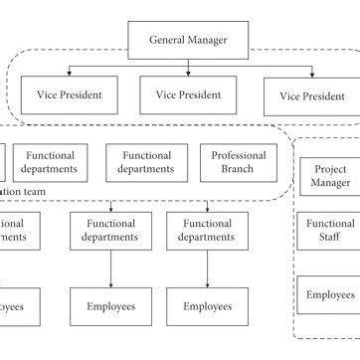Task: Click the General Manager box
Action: pos(188,41)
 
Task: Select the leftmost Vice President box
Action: pos(69,95)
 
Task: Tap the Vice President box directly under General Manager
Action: pos(187,95)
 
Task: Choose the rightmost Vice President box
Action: pos(311,96)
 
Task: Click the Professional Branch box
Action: pos(239,163)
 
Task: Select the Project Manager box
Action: pos(329,177)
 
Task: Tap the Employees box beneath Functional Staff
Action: pos(329,295)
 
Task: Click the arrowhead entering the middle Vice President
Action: pos(188,74)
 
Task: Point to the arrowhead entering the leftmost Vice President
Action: pos(69,74)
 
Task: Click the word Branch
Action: pos(239,170)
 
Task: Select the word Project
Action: pos(330,170)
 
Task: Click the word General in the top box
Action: pos(169,41)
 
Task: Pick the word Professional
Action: pos(239,156)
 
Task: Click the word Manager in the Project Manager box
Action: pos(330,184)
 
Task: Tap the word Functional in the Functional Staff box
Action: pos(330,225)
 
